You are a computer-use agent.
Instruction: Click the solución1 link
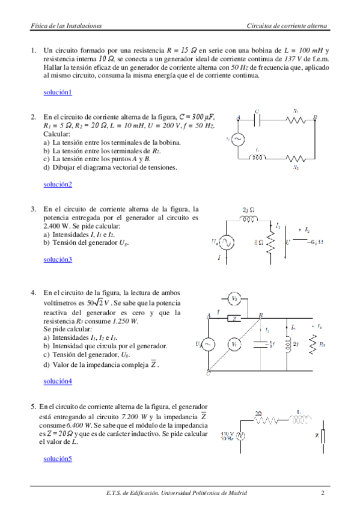click(x=58, y=92)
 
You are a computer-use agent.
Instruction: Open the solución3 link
click(x=58, y=259)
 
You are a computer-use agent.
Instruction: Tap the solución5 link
click(x=58, y=459)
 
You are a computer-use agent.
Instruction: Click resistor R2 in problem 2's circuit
click(x=296, y=158)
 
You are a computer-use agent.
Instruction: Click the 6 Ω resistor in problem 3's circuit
click(x=270, y=243)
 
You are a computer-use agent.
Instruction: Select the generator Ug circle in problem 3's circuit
click(x=227, y=242)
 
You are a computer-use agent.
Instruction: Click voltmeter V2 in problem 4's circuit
click(x=236, y=298)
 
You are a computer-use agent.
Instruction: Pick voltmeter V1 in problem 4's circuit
click(x=236, y=344)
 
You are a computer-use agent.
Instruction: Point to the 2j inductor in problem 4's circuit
click(x=286, y=344)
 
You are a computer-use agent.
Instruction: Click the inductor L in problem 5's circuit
click(x=299, y=421)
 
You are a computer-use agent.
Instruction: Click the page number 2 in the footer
click(x=322, y=493)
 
